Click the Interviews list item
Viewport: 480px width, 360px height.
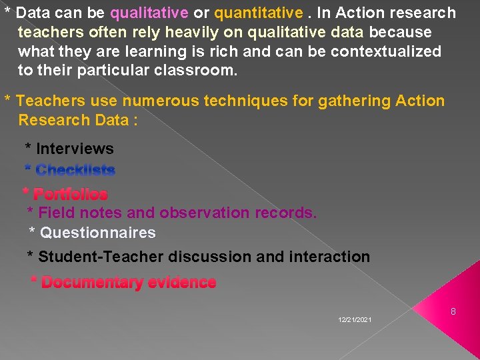pos(74,149)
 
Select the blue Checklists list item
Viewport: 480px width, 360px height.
pos(75,170)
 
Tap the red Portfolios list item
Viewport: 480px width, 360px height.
pos(70,194)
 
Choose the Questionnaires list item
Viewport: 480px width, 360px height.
pos(97,233)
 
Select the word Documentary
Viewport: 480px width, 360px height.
pos(92,283)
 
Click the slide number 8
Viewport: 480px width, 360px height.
pos(453,311)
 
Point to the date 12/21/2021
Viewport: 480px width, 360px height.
pos(355,321)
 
